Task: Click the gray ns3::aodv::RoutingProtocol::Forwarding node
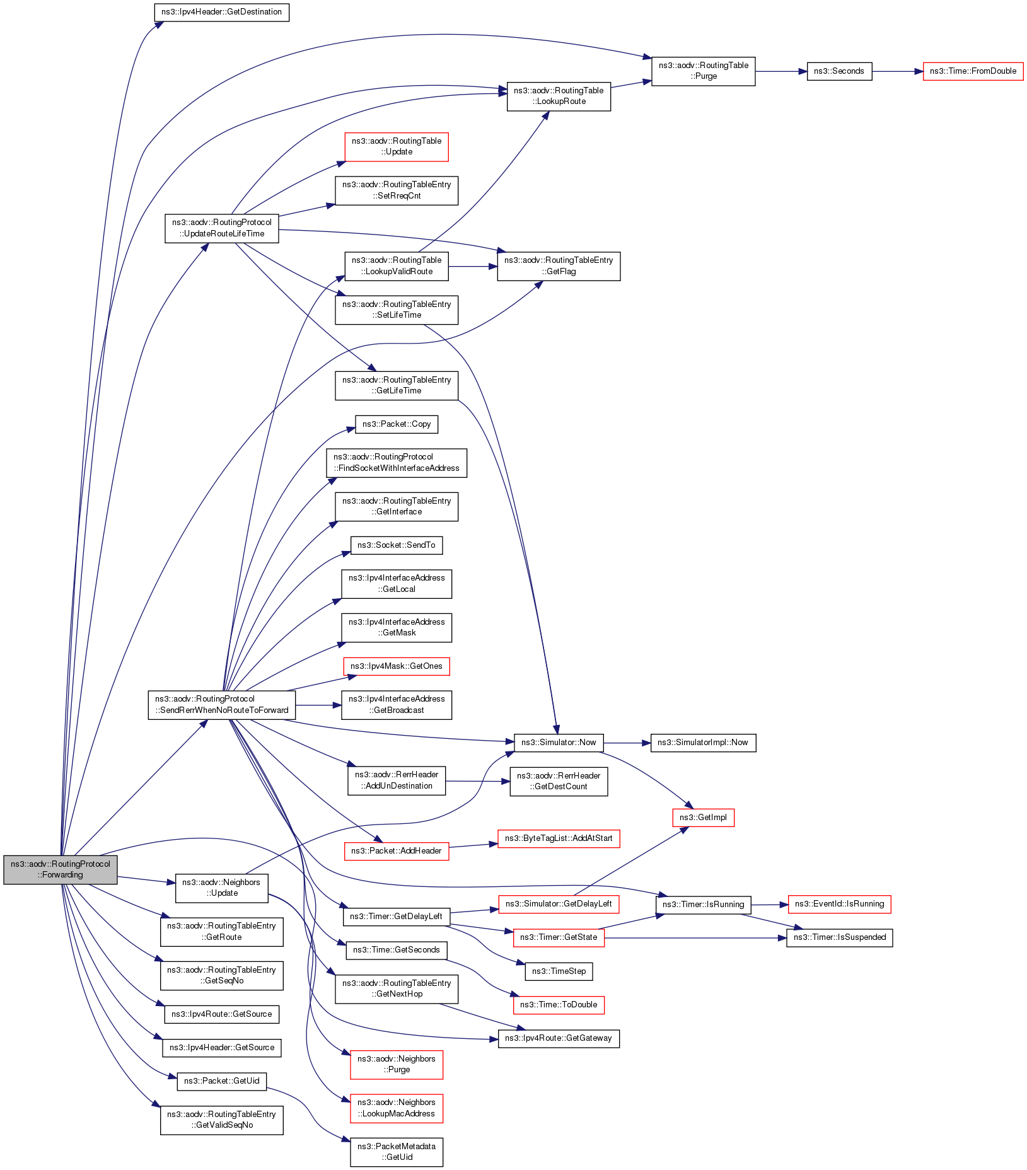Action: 60,869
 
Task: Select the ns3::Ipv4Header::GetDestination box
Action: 221,12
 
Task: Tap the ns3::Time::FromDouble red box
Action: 973,71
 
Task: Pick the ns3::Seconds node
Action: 839,71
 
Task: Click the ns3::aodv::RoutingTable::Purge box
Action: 703,71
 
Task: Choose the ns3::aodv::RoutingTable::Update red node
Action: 397,146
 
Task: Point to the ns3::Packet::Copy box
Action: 397,424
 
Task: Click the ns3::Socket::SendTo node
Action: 397,545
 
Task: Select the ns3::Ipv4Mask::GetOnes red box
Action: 397,666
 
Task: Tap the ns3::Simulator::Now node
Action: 559,743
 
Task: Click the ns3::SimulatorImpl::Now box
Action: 703,743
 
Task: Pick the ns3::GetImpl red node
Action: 703,818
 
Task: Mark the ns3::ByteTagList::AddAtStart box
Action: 559,838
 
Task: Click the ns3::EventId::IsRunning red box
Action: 839,904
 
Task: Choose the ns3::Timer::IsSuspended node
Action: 839,937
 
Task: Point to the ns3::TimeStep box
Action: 559,971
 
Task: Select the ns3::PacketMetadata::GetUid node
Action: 397,1152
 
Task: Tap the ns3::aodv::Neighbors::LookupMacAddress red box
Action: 397,1108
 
